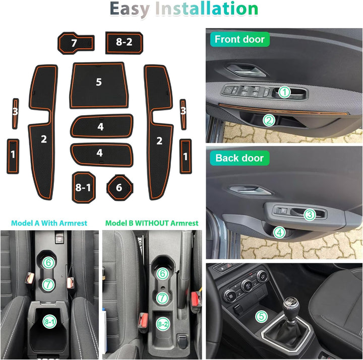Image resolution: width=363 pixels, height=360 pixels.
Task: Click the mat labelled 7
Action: click(x=76, y=42)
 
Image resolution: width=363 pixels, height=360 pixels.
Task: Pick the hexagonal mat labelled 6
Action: click(x=119, y=187)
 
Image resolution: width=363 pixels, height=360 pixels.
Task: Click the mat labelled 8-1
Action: click(x=83, y=187)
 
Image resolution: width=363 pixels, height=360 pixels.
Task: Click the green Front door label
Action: click(x=239, y=39)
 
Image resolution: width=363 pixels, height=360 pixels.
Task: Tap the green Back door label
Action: click(x=239, y=158)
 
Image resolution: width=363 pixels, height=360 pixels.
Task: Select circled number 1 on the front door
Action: click(x=284, y=92)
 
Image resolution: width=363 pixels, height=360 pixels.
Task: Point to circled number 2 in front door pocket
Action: click(x=269, y=120)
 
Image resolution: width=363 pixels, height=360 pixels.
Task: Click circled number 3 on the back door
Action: click(x=310, y=214)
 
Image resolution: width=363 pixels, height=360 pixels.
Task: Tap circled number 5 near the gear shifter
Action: click(x=261, y=317)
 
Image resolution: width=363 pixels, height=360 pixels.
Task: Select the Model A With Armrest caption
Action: click(x=49, y=223)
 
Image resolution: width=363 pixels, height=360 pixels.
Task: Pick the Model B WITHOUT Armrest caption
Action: click(x=152, y=223)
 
